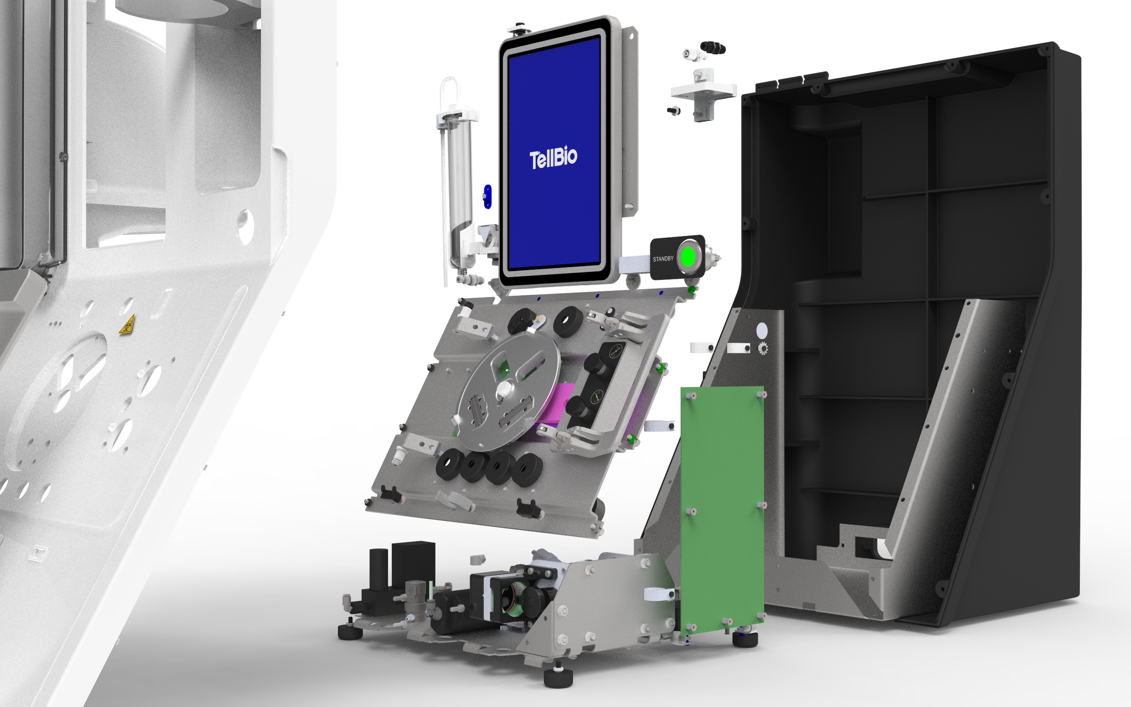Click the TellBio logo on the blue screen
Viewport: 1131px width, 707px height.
(553, 158)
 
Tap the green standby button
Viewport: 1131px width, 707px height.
(688, 257)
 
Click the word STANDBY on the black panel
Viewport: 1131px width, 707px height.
(663, 259)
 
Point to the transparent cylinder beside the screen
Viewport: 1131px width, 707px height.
(459, 191)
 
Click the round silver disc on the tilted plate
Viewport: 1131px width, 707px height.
(508, 390)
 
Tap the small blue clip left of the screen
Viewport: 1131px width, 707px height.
(487, 196)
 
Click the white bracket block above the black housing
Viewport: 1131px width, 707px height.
(703, 93)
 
